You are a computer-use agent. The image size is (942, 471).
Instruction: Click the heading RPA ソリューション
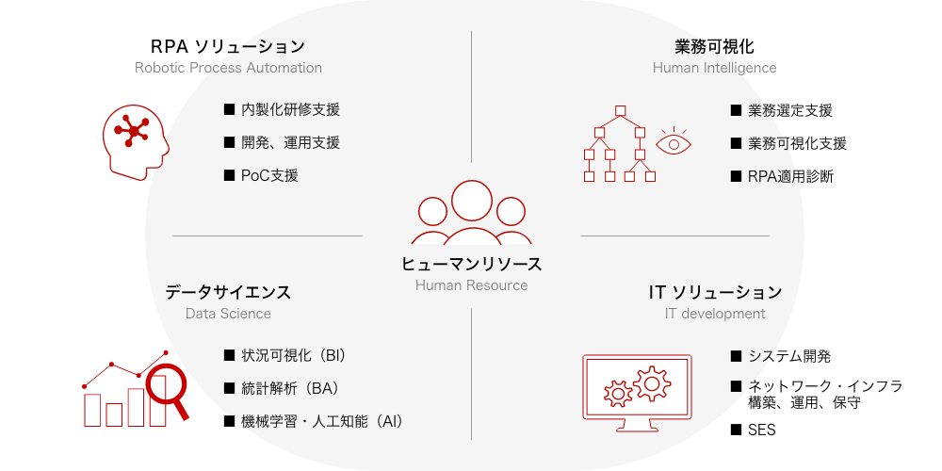(x=228, y=46)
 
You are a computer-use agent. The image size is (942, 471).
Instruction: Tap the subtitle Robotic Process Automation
(x=228, y=67)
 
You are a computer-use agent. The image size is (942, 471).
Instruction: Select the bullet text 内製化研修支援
(x=291, y=110)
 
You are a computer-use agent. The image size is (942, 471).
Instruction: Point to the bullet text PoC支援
(x=269, y=175)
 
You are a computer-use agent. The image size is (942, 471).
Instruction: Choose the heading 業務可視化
(x=714, y=46)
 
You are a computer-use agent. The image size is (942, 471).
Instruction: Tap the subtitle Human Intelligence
(x=714, y=67)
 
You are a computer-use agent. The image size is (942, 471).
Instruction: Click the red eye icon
(x=674, y=142)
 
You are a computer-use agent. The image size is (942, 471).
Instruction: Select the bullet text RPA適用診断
(x=790, y=177)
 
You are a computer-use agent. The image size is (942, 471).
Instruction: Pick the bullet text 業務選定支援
(x=790, y=110)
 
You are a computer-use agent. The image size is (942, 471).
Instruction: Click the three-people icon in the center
(x=472, y=212)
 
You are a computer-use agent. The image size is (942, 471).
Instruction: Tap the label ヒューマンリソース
(x=472, y=264)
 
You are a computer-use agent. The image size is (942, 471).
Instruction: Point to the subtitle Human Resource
(x=472, y=285)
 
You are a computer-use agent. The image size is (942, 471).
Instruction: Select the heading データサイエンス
(x=228, y=293)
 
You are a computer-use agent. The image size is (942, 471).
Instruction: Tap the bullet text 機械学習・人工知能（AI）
(x=322, y=421)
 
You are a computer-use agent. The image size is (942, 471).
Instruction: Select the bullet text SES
(x=762, y=430)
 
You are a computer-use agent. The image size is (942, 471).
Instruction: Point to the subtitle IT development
(x=715, y=314)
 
